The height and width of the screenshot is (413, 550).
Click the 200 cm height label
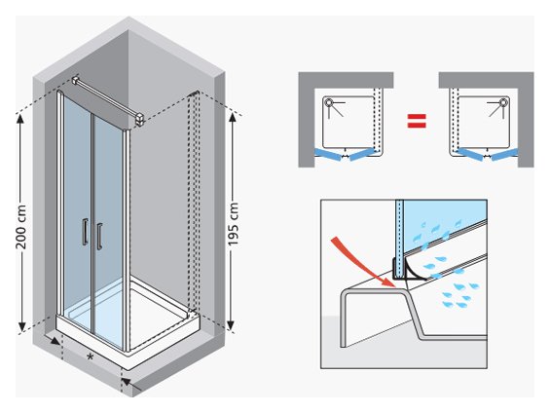coord(21,227)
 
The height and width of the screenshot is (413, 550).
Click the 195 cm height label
coord(233,224)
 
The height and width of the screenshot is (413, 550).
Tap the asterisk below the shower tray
coord(91,357)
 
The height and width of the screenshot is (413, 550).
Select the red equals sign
coord(417,121)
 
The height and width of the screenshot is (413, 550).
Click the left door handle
coord(85,232)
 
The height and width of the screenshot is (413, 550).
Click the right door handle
coord(99,236)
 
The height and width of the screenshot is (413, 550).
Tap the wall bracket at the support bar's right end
coord(139,119)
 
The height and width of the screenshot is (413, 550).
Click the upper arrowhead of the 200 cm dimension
coord(20,118)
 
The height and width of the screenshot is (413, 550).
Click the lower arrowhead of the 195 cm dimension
coord(231,326)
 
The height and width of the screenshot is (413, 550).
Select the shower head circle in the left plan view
coord(329,102)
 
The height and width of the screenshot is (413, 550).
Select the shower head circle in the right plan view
coord(503,102)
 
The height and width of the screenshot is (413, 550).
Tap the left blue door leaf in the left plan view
coord(328,155)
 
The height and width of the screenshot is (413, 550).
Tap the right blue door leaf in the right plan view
coord(504,155)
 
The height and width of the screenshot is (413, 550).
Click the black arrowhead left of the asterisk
coord(55,340)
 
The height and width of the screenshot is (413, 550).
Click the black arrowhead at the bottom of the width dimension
coord(126,383)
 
